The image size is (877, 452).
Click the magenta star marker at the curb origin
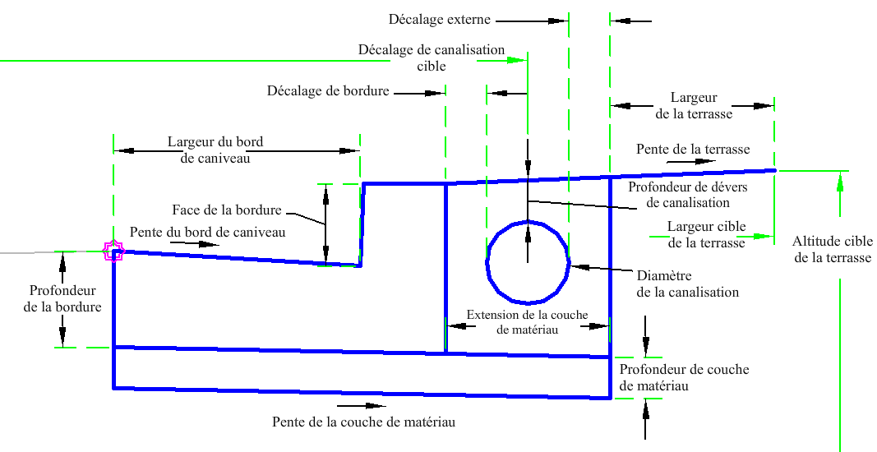click(x=113, y=251)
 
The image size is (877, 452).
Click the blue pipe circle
click(x=527, y=262)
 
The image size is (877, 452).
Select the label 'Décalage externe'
click(x=439, y=18)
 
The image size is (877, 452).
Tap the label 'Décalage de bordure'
click(x=328, y=91)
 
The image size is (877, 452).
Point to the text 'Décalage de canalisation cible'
click(x=432, y=58)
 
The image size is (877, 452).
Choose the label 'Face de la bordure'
click(x=227, y=210)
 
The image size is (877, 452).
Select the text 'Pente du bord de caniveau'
click(x=207, y=233)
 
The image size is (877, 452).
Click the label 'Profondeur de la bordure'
click(x=62, y=298)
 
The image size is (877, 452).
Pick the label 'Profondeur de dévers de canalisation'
click(x=678, y=194)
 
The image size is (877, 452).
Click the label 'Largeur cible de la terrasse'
click(x=706, y=234)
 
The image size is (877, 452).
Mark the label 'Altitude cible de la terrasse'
click(x=832, y=249)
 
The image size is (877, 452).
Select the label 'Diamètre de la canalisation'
click(x=688, y=284)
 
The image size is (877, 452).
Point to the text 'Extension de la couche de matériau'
click(x=527, y=321)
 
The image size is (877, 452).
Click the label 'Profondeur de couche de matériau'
click(x=684, y=377)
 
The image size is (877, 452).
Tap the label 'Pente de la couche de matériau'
click(x=363, y=422)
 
